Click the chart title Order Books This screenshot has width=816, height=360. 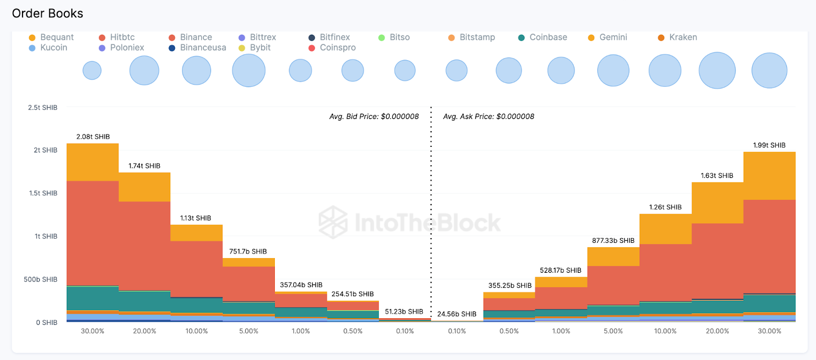[47, 13]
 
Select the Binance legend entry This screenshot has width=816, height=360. [195, 37]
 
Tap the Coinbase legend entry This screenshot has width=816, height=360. [548, 37]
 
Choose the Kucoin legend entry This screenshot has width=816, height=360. [53, 47]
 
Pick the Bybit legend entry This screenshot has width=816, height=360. [260, 47]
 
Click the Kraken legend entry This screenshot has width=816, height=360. [682, 37]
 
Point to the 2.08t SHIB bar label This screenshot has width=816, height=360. [93, 137]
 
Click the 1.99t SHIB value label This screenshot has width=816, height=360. [769, 145]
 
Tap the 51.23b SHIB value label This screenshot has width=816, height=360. [404, 312]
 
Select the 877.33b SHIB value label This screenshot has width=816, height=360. [613, 241]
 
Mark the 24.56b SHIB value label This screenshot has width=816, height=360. [456, 314]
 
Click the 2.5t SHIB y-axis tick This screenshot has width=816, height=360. [43, 108]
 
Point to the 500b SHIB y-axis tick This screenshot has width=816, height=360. [41, 279]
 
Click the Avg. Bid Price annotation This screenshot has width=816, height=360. [374, 116]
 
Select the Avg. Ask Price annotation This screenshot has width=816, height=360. [489, 116]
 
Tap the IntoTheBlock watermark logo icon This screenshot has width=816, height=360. [333, 222]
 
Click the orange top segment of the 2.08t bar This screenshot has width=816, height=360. [93, 162]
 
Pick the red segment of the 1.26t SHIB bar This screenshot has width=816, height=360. [665, 272]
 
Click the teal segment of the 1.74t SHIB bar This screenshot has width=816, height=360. [144, 301]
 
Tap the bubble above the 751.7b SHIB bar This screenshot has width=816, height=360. [248, 70]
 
